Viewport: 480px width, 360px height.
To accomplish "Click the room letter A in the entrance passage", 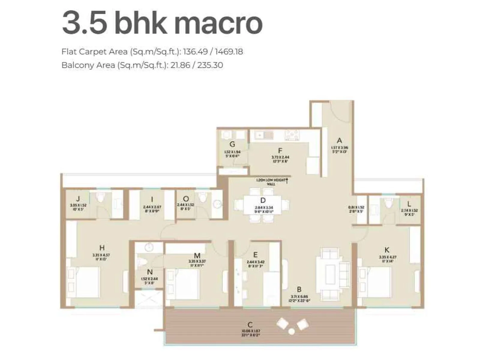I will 339,140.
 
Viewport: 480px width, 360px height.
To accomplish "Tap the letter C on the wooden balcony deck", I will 250,324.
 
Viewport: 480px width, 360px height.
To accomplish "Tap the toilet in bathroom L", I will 389,203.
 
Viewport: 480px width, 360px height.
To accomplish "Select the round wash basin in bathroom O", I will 217,204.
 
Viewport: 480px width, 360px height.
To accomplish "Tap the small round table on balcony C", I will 291,331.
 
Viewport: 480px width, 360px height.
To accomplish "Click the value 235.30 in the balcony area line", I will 210,65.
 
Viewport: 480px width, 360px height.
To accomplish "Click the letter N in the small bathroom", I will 150,272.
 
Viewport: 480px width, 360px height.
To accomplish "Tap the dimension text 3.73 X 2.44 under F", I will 280,157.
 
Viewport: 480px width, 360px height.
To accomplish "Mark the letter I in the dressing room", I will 152,199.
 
